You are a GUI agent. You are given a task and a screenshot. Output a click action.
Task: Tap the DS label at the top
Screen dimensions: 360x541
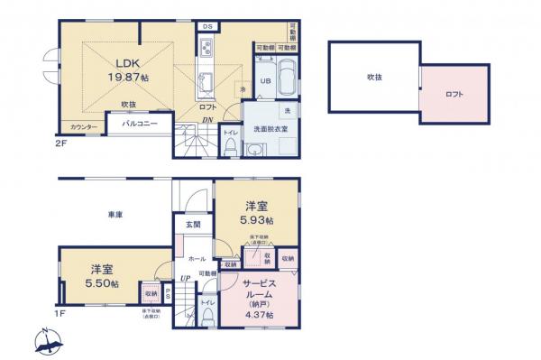pyautogui.click(x=207, y=27)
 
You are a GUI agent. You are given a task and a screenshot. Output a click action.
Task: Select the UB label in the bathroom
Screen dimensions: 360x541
pyautogui.click(x=266, y=81)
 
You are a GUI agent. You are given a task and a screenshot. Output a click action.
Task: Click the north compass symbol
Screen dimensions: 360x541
pyautogui.click(x=49, y=342)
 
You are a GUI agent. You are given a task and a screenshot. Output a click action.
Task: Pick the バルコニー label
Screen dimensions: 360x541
pyautogui.click(x=136, y=120)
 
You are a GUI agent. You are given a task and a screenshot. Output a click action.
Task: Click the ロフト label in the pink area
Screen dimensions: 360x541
pyautogui.click(x=454, y=94)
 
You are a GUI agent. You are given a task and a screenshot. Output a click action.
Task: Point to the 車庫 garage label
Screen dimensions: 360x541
pyautogui.click(x=115, y=214)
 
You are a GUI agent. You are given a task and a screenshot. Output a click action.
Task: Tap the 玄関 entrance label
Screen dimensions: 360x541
pyautogui.click(x=194, y=224)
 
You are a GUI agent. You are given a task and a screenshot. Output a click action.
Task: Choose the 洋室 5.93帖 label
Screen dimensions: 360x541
pyautogui.click(x=256, y=213)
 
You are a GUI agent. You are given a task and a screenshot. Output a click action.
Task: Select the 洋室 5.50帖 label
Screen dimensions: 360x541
pyautogui.click(x=102, y=276)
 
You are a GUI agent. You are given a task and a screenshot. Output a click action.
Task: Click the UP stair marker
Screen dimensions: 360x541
pyautogui.click(x=186, y=278)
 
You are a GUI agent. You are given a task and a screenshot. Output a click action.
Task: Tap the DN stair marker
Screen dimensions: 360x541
pyautogui.click(x=206, y=121)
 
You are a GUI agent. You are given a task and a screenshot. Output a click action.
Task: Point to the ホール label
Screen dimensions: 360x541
pyautogui.click(x=197, y=257)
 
